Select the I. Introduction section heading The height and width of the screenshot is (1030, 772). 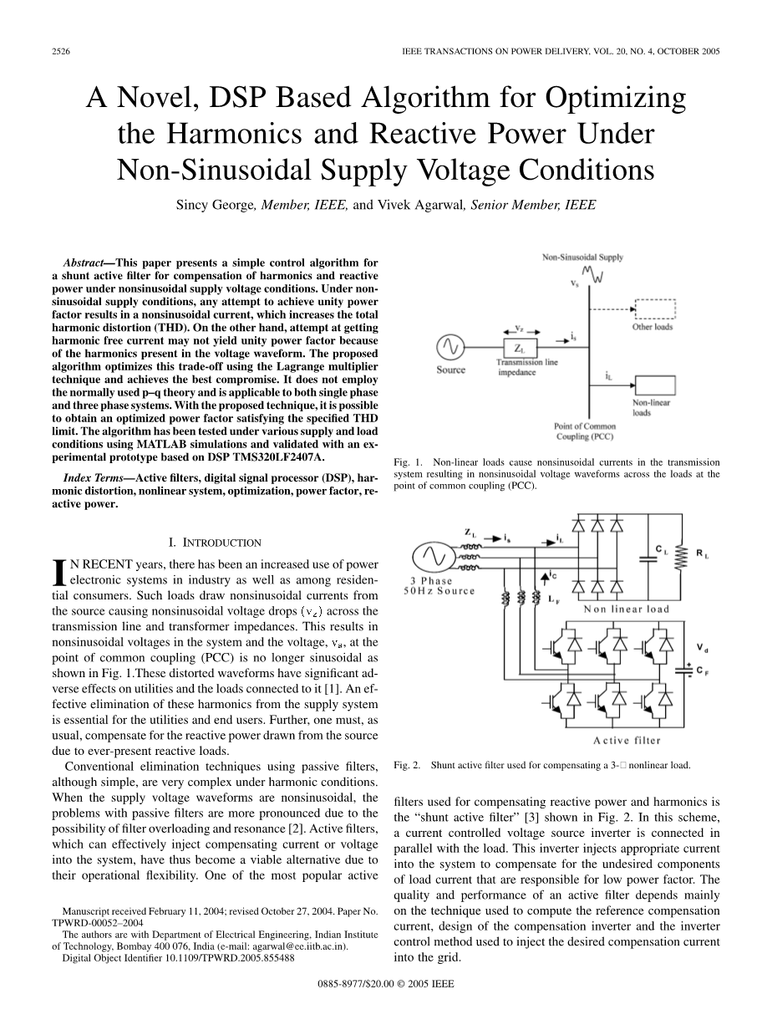pos(216,543)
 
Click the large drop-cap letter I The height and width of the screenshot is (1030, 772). pos(58,572)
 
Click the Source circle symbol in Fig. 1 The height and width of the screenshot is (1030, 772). pos(450,347)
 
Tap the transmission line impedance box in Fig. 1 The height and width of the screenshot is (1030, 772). pos(519,347)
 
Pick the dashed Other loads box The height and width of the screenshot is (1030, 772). pos(654,308)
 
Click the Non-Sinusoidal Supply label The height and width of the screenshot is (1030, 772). pos(582,257)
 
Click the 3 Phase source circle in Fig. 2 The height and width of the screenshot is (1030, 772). pos(433,555)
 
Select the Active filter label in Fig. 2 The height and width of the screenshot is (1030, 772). pos(627,740)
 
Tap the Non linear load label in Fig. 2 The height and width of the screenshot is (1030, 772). pos(627,609)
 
